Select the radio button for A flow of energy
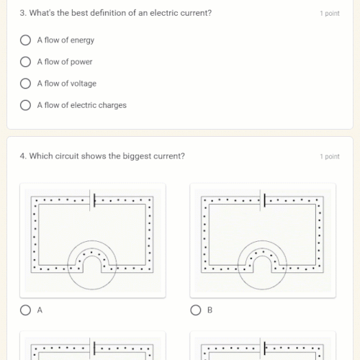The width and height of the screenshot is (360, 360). point(26,40)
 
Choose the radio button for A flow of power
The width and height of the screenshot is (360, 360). point(26,62)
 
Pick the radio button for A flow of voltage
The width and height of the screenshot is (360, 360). point(26,84)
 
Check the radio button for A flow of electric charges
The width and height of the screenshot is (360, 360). point(26,105)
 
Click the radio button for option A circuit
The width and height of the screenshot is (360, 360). point(26,310)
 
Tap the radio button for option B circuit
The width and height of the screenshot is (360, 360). point(196,310)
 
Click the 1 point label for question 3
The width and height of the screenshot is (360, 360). point(330,14)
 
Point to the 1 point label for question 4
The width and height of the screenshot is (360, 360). point(330,157)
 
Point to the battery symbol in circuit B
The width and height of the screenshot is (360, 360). point(264,200)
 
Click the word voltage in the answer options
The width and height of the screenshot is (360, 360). point(83,84)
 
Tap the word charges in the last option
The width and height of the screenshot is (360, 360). point(113,105)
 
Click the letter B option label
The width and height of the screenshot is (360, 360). point(210,310)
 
